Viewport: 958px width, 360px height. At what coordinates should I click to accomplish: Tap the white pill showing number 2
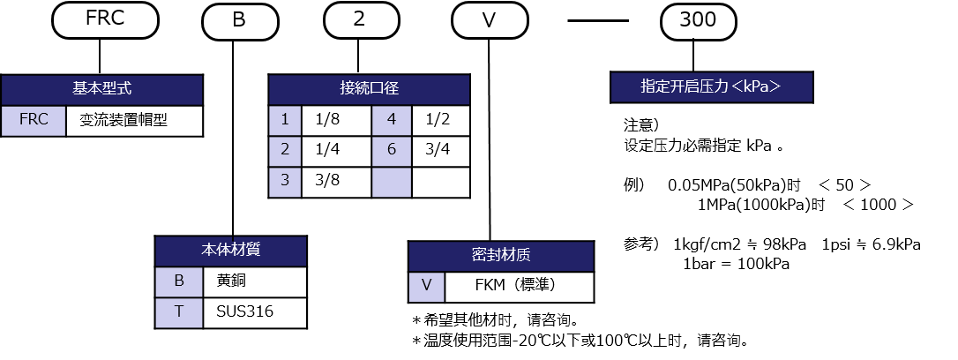click(358, 21)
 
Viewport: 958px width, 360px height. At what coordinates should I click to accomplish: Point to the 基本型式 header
click(101, 89)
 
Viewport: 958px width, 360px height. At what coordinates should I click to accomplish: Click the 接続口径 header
click(369, 89)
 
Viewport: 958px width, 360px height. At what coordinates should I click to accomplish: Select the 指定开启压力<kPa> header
click(711, 86)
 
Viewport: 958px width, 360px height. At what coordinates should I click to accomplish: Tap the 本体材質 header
click(231, 251)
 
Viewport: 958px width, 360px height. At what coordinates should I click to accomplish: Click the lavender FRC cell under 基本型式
click(34, 121)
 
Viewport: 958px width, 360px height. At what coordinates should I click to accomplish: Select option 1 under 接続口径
click(285, 120)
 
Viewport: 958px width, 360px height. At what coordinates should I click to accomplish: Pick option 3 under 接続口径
click(285, 181)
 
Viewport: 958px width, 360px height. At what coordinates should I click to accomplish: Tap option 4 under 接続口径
click(392, 120)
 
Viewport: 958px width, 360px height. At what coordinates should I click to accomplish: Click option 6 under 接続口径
click(392, 150)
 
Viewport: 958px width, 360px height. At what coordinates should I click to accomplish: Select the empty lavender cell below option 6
click(392, 181)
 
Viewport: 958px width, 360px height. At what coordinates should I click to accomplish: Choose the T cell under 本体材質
click(179, 312)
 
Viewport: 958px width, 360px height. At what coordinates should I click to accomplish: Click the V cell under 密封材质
click(427, 287)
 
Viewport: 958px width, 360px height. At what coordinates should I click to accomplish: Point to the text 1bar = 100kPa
click(735, 264)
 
